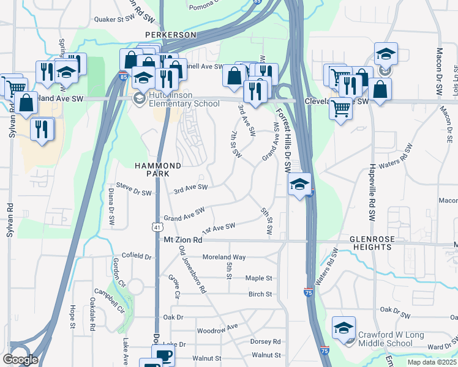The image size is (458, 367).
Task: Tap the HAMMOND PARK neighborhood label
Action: tap(158, 170)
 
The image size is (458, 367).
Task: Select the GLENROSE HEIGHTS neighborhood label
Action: tap(370, 243)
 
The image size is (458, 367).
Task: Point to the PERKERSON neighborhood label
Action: tap(170, 35)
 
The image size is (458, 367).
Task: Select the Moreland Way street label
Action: tap(223, 258)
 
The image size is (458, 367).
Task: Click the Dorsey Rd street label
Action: tap(265, 341)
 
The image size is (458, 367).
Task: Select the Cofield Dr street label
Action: tap(136, 256)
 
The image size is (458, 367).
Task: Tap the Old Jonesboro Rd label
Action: tap(193, 269)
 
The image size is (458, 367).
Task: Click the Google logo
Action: tap(21, 360)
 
